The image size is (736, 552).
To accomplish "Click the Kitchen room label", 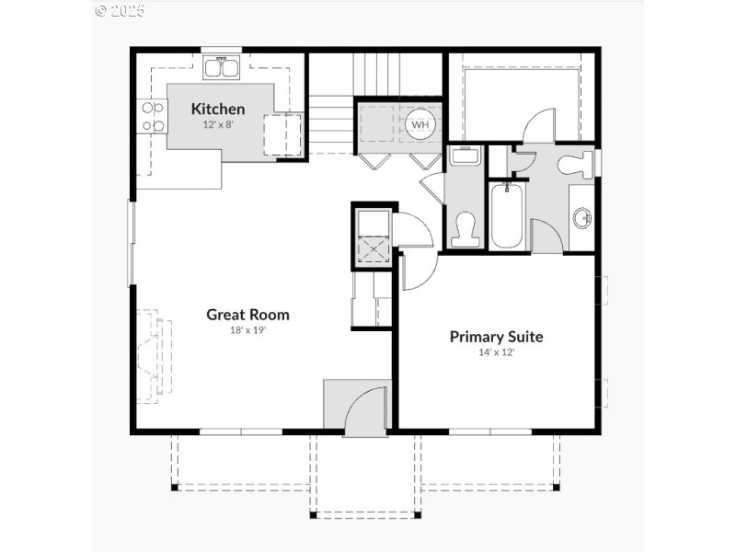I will click(x=218, y=109).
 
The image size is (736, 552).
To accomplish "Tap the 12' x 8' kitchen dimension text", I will click(x=218, y=124).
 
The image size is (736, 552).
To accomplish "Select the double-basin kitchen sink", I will click(x=221, y=66).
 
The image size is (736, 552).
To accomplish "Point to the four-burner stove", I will click(x=153, y=117).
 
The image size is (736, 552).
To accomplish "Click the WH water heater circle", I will click(x=420, y=124).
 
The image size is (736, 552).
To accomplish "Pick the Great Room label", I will click(x=247, y=315).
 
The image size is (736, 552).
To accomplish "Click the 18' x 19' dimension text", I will click(x=247, y=329).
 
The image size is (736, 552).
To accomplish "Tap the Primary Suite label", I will click(x=496, y=337).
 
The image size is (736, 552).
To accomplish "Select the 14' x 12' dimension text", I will click(x=496, y=351).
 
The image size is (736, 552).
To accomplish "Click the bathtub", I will click(x=507, y=216).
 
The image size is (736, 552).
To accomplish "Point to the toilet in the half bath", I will click(x=464, y=228).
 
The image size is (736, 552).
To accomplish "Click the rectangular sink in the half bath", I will click(x=465, y=155).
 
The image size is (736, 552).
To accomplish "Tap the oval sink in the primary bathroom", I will click(x=581, y=218).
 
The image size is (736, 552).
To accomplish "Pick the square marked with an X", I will click(x=373, y=249).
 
